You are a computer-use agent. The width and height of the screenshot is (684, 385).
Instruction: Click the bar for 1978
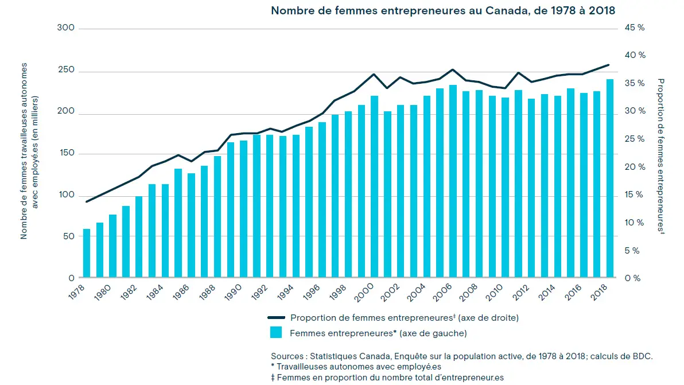[87, 253]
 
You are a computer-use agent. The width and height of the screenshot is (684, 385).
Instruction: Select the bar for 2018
[610, 178]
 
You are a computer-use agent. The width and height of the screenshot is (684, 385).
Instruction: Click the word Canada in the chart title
[499, 10]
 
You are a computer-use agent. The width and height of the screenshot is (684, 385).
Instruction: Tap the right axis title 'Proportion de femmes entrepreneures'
[660, 155]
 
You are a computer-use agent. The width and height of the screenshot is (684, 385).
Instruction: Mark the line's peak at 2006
[453, 69]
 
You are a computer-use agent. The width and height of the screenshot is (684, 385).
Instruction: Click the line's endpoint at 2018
[609, 65]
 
